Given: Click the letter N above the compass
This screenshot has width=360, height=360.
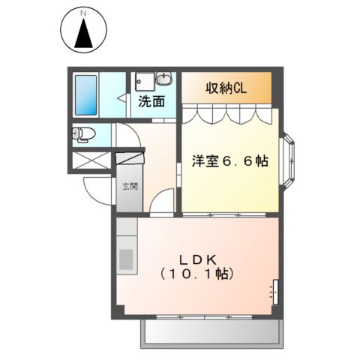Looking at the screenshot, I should click(84, 13).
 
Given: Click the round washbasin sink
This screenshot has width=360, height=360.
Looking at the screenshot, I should click(164, 79).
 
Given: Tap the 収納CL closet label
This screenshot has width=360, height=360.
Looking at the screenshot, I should click(226, 88).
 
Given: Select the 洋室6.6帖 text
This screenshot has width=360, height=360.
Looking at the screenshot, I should click(230, 160).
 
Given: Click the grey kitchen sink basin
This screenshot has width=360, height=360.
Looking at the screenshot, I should click(125, 259).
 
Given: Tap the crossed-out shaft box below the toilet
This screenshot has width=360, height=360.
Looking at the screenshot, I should click(91, 160).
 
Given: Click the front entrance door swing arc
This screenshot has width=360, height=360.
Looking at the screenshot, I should click(96, 193).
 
